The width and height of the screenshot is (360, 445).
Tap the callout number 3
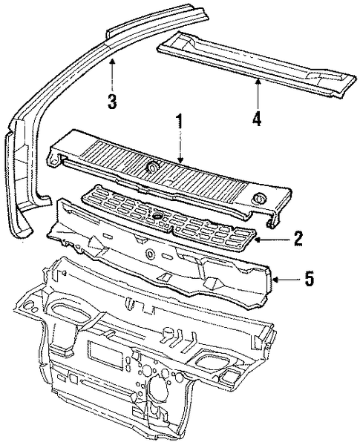tap(112, 102)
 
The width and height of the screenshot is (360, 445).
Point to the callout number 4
tap(257, 118)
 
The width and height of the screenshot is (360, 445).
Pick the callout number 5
tap(309, 278)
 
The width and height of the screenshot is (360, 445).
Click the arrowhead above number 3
tap(113, 61)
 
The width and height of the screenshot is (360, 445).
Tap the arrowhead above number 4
tap(258, 82)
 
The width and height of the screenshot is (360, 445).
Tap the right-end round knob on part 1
tap(258, 198)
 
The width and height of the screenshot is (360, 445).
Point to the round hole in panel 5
tap(149, 253)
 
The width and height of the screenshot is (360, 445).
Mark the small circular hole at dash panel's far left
tap(27, 306)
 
